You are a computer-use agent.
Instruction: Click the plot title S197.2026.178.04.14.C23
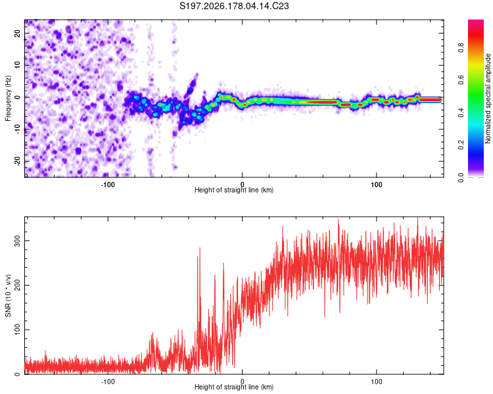tap(234, 6)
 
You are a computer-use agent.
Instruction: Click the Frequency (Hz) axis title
tap(8, 98)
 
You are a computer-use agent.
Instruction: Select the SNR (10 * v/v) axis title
tap(8, 295)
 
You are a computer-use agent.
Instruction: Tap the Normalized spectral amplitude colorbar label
tap(488, 98)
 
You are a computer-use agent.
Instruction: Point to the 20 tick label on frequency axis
tap(17, 33)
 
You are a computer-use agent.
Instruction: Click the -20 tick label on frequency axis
tap(17, 161)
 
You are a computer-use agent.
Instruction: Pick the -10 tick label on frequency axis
tap(17, 129)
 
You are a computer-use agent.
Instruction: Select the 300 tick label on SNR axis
tap(17, 241)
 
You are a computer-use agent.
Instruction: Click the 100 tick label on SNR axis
tap(17, 330)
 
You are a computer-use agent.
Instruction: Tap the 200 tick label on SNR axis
tap(17, 285)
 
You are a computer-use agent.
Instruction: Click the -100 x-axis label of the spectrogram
tap(108, 185)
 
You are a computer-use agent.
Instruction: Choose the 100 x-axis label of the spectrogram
tap(377, 185)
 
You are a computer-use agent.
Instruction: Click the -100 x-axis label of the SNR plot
tap(108, 382)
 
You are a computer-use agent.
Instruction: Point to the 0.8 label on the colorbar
tap(461, 48)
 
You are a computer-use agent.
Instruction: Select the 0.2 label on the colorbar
tap(461, 145)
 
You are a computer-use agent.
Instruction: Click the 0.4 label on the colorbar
tap(461, 113)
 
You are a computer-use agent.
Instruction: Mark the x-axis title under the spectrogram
tap(234, 190)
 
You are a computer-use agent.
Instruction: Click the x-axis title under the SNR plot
tap(234, 387)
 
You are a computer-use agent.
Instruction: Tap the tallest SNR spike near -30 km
tap(200, 248)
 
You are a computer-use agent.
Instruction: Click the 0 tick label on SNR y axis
tap(17, 374)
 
